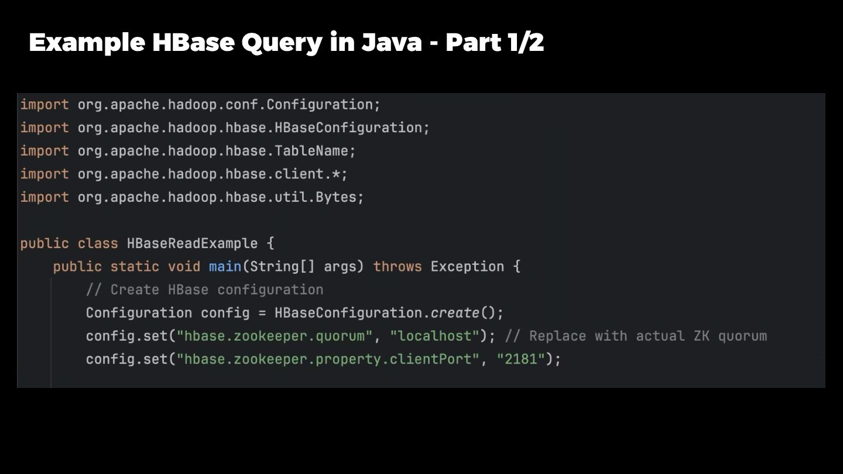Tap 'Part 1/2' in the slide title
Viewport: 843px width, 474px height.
point(495,43)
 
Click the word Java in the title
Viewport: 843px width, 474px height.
point(391,43)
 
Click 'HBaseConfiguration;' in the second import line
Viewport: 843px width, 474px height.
point(352,128)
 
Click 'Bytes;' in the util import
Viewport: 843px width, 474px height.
point(340,197)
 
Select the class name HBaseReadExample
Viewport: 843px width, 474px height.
point(192,243)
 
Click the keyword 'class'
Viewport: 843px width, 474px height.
point(98,243)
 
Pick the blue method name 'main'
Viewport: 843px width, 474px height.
point(225,267)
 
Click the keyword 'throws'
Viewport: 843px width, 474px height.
point(397,267)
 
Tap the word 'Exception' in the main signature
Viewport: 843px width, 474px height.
point(467,267)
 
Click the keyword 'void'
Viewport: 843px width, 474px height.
point(184,267)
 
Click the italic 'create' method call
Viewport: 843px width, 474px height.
point(455,313)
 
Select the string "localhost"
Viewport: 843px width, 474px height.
point(435,336)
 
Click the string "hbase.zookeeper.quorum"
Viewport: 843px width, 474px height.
point(275,336)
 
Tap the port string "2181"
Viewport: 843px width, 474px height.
point(521,359)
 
